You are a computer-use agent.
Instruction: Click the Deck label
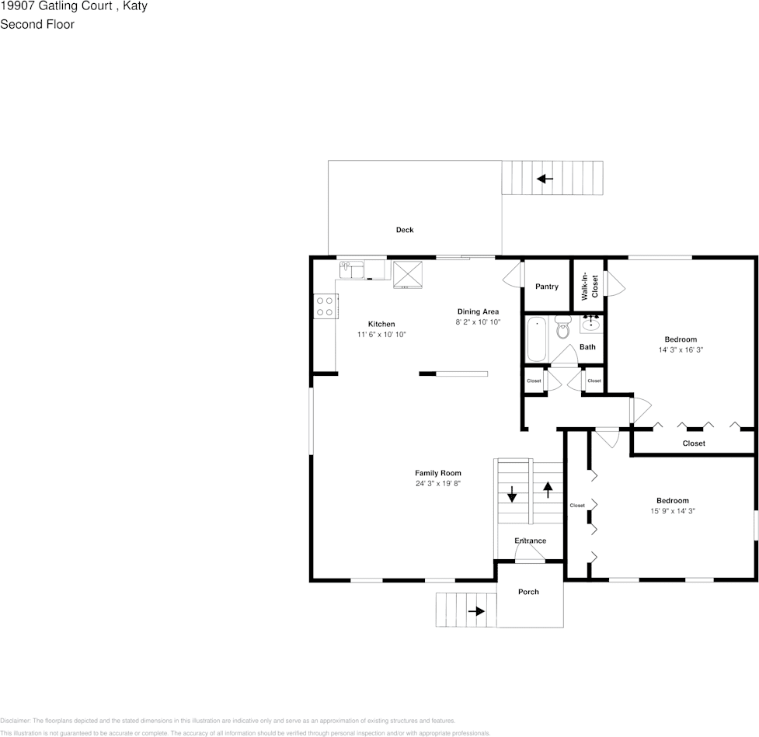pyautogui.click(x=405, y=230)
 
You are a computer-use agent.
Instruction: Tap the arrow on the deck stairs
pyautogui.click(x=545, y=179)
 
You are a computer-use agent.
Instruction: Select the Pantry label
pyautogui.click(x=546, y=287)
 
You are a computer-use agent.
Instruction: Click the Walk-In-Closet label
pyautogui.click(x=590, y=286)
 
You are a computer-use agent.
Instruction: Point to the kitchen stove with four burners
pyautogui.click(x=326, y=306)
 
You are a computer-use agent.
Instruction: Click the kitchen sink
pyautogui.click(x=351, y=270)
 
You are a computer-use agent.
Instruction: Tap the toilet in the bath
pyautogui.click(x=562, y=327)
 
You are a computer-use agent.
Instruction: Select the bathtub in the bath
pyautogui.click(x=536, y=339)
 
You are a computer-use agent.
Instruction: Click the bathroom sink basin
pyautogui.click(x=591, y=324)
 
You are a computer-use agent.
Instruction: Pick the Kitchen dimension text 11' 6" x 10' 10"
pyautogui.click(x=381, y=335)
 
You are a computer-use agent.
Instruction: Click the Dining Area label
pyautogui.click(x=478, y=311)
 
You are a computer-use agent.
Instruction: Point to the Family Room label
pyautogui.click(x=438, y=473)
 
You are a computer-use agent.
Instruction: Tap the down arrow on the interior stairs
pyautogui.click(x=512, y=494)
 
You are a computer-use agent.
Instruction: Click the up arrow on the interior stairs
pyautogui.click(x=548, y=490)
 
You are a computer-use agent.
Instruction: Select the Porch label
pyautogui.click(x=528, y=592)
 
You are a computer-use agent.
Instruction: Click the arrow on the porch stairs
pyautogui.click(x=476, y=611)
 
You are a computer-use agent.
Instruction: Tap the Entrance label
pyautogui.click(x=530, y=541)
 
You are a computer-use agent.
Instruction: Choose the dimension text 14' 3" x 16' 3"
pyautogui.click(x=681, y=350)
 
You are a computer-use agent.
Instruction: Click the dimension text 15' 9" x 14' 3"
pyautogui.click(x=673, y=511)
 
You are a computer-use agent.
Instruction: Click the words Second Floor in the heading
pyautogui.click(x=37, y=24)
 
